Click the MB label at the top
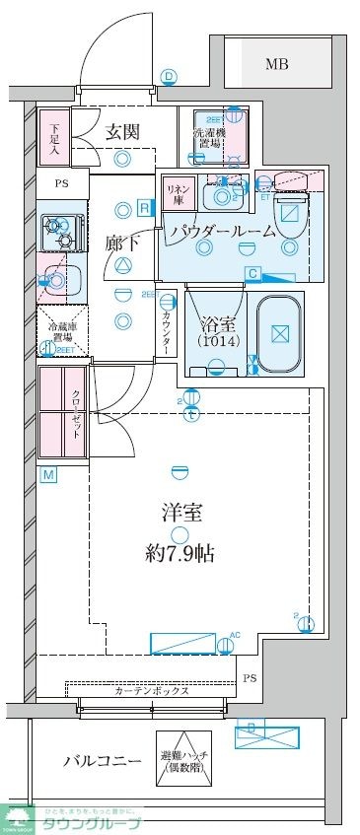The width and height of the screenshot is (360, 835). (277, 65)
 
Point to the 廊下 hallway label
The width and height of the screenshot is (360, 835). (122, 243)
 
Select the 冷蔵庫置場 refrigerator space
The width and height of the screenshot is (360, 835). (62, 332)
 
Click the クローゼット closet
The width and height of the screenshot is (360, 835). (62, 412)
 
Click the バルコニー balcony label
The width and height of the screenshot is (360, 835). (92, 761)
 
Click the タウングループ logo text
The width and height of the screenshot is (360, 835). (91, 821)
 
